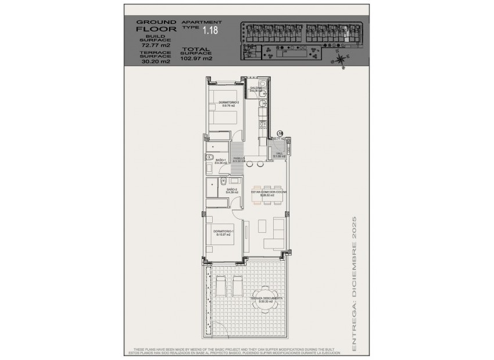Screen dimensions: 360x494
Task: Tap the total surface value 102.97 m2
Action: [x=196, y=58]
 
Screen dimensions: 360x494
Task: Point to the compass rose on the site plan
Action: [x=341, y=58]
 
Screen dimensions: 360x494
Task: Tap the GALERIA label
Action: [x=256, y=89]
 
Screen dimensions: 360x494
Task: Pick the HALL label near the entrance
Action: [x=279, y=154]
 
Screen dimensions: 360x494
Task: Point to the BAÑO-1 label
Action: [x=221, y=161]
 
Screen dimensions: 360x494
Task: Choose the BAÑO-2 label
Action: [x=232, y=190]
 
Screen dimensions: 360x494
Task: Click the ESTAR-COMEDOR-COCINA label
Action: [x=269, y=193]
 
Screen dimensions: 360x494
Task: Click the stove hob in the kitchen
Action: [x=263, y=125]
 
